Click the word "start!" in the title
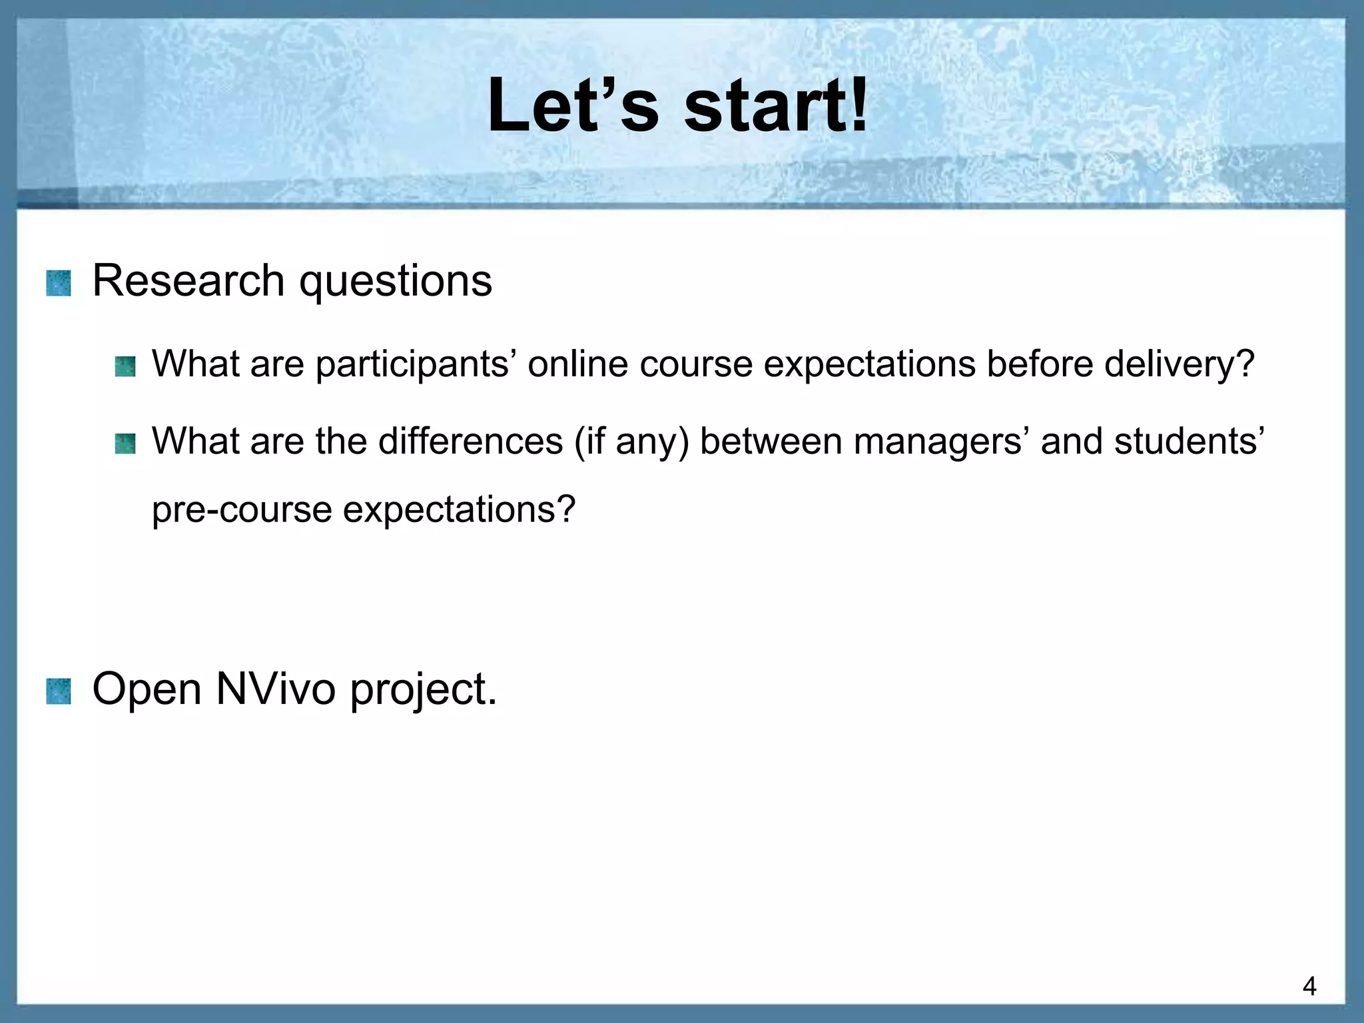(776, 107)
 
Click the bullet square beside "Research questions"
(59, 283)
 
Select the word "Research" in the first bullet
(188, 280)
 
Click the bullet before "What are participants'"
(125, 366)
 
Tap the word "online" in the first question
(578, 364)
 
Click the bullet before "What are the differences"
(125, 444)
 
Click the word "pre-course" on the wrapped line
(242, 510)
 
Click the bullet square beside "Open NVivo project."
(59, 691)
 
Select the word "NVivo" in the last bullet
(276, 689)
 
